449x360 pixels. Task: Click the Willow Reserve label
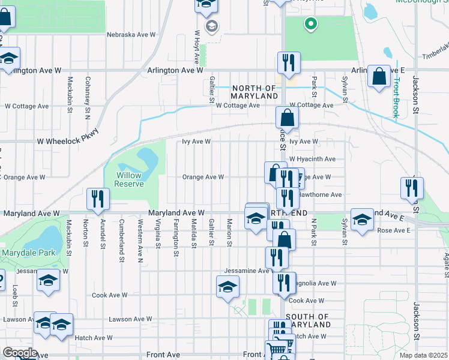tap(130, 179)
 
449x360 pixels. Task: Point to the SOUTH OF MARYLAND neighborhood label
tap(308, 320)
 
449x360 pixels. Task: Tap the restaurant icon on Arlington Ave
tap(289, 63)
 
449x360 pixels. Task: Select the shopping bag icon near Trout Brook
tap(379, 76)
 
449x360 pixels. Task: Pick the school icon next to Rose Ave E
tap(362, 220)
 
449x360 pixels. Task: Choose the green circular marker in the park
tap(310, 24)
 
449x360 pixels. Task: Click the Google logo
tap(19, 353)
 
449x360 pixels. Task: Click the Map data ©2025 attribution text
tap(423, 355)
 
